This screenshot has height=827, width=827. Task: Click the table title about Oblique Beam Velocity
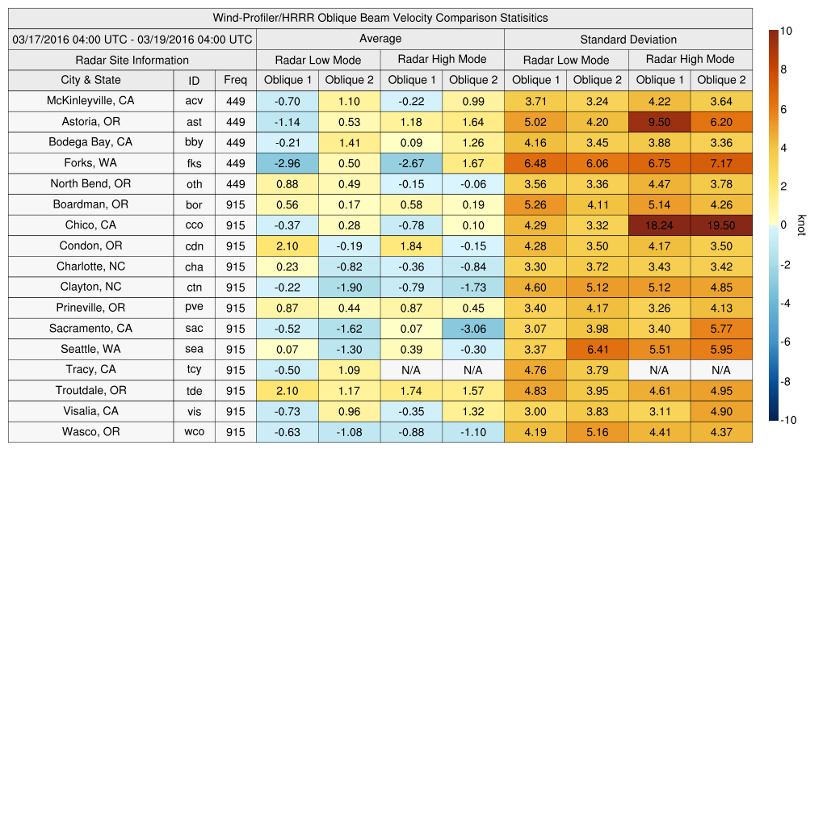point(380,18)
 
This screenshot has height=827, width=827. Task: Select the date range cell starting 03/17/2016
point(132,39)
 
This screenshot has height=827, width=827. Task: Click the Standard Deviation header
point(628,39)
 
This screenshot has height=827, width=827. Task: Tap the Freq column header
point(235,80)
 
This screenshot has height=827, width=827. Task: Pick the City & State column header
point(90,80)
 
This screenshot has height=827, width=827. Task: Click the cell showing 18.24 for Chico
point(659,225)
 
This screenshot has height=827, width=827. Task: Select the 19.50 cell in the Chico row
point(721,225)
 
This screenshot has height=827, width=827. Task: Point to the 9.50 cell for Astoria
point(659,122)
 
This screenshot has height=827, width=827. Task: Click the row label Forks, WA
point(90,163)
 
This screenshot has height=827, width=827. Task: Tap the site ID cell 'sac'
point(194,329)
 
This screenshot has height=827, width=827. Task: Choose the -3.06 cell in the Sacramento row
point(472,329)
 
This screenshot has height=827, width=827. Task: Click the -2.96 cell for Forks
point(287,163)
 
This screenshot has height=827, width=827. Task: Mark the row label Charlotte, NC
point(90,267)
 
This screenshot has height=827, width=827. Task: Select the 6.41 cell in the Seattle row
point(597,349)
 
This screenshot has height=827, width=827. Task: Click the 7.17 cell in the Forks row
point(721,163)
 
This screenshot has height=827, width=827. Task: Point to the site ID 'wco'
point(194,432)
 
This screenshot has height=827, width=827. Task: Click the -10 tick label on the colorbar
point(788,420)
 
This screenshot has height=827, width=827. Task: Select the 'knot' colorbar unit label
point(801,225)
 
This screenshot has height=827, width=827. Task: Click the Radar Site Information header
point(132,60)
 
